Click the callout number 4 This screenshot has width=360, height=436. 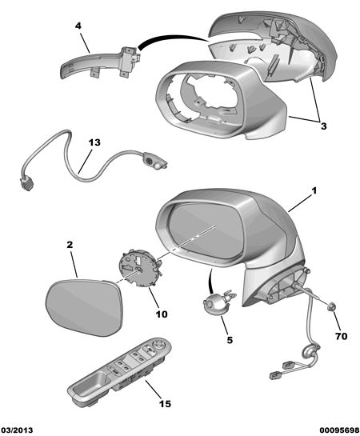78,26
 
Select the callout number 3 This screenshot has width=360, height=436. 323,126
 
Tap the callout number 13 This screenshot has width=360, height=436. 94,142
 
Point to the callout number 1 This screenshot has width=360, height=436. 314,190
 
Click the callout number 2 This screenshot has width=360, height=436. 70,245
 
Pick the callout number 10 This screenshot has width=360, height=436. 162,314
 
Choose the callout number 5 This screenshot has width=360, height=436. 230,340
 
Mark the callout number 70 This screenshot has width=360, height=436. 342,336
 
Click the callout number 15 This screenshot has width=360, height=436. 165,403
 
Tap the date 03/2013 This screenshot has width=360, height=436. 17,430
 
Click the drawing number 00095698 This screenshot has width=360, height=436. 339,430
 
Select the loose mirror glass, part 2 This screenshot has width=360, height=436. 84,307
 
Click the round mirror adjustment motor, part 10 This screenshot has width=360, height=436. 139,267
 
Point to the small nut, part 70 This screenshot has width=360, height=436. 332,306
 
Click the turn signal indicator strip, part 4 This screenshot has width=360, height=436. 100,62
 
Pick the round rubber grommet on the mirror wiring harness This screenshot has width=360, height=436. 310,351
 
